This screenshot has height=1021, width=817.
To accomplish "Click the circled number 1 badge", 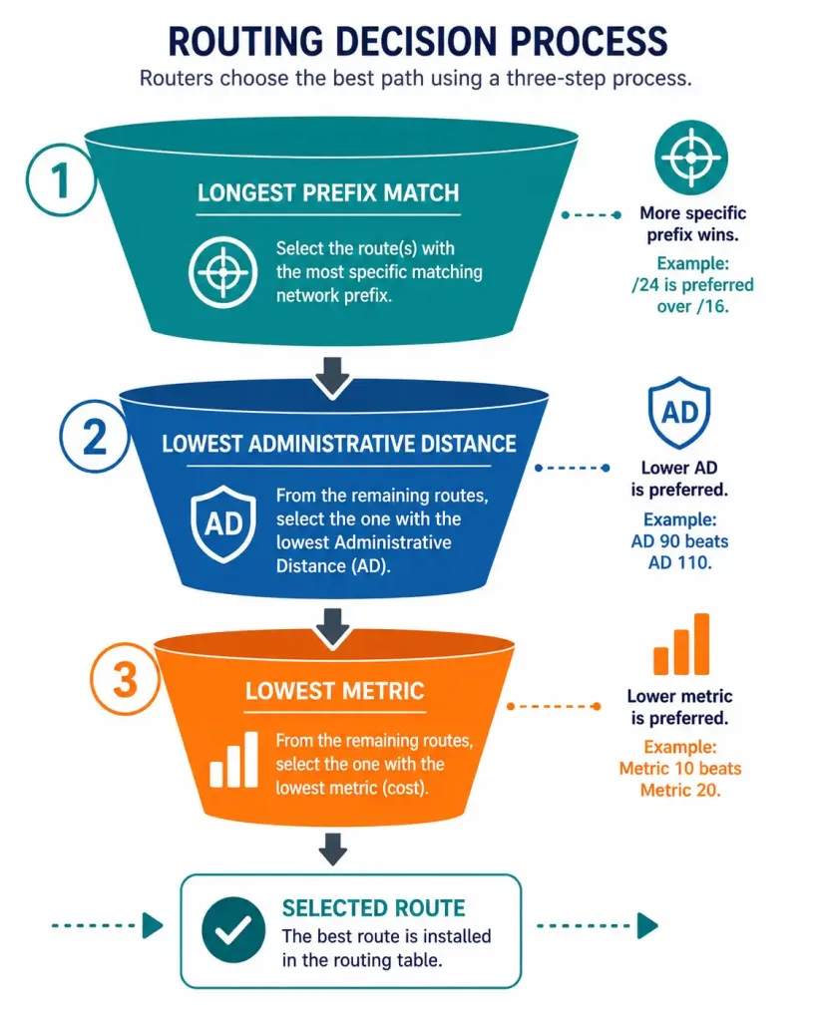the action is click(61, 180).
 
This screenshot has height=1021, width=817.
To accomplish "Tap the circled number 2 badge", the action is click(95, 437).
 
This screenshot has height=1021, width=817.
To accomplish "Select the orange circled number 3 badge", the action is click(125, 680).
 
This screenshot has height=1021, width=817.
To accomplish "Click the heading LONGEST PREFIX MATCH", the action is click(328, 192).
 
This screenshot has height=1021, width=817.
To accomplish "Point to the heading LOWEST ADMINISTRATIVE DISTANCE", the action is click(339, 444).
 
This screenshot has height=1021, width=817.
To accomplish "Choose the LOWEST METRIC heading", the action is click(335, 691).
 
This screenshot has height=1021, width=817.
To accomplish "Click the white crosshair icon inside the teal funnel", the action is click(222, 272).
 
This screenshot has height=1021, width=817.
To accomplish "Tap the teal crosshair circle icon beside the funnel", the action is click(690, 158).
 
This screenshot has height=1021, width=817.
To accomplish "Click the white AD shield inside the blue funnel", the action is click(222, 523).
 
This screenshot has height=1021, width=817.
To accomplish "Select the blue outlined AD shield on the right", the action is click(679, 413).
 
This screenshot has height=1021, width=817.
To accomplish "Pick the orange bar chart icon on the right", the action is click(681, 644).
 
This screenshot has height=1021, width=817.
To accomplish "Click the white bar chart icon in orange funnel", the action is click(233, 759).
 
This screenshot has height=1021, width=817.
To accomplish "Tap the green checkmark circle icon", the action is click(233, 930).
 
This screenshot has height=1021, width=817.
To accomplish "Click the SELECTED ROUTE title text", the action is click(373, 907).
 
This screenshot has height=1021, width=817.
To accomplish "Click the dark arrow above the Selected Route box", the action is click(333, 850).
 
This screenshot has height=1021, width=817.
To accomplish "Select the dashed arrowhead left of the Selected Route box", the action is click(153, 925).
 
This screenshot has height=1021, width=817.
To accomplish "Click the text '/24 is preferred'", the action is click(692, 284).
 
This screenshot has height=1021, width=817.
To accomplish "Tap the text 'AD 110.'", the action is click(679, 562).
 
